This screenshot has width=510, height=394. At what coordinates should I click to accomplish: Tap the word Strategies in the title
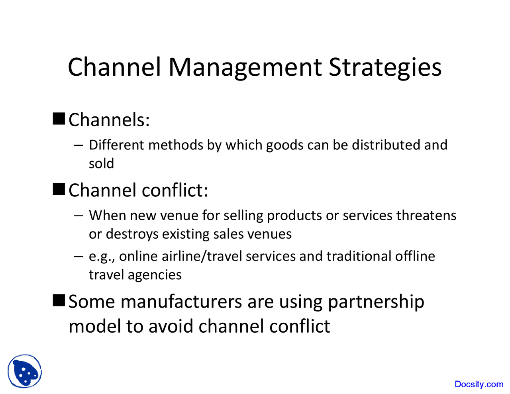[385, 67]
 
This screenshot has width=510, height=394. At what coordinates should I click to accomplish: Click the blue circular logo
[25, 371]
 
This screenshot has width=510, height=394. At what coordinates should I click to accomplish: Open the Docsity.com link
[479, 384]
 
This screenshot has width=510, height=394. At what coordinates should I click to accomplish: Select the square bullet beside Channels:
[59, 119]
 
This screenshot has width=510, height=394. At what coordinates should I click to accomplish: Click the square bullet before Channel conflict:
[59, 189]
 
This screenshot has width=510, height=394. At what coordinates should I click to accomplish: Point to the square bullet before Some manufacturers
[59, 300]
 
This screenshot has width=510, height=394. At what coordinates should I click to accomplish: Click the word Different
[116, 145]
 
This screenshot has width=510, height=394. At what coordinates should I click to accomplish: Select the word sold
[101, 164]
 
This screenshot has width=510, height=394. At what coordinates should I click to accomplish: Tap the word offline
[415, 256]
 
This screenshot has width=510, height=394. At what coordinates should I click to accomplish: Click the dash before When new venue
[78, 216]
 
